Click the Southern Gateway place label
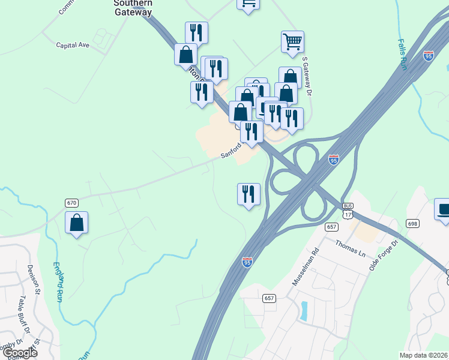pyautogui.click(x=133, y=7)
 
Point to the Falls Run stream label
pyautogui.click(x=402, y=55)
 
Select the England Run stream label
pyautogui.click(x=59, y=281)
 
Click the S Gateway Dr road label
pyautogui.click(x=308, y=76)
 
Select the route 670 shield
pyautogui.click(x=72, y=203)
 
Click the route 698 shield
pyautogui.click(x=412, y=223)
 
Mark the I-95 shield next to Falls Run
pyautogui.click(x=428, y=55)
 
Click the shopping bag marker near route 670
pyautogui.click(x=77, y=223)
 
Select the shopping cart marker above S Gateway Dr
pyautogui.click(x=292, y=43)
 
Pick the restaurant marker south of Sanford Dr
pyautogui.click(x=249, y=194)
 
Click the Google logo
pyautogui.click(x=20, y=353)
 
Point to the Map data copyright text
pyautogui.click(x=424, y=355)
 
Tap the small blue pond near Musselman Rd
pyautogui.click(x=304, y=310)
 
